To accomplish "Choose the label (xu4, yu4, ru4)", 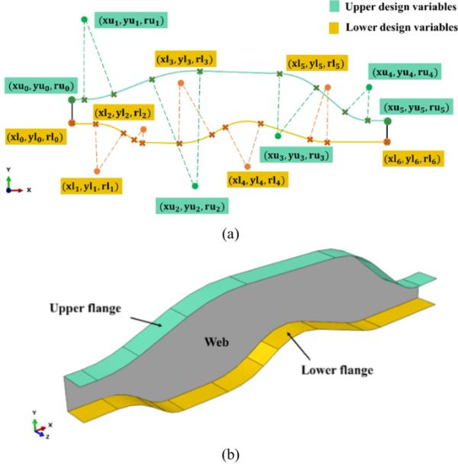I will pyautogui.click(x=402, y=73).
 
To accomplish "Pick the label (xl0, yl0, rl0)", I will pyautogui.click(x=34, y=137).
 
